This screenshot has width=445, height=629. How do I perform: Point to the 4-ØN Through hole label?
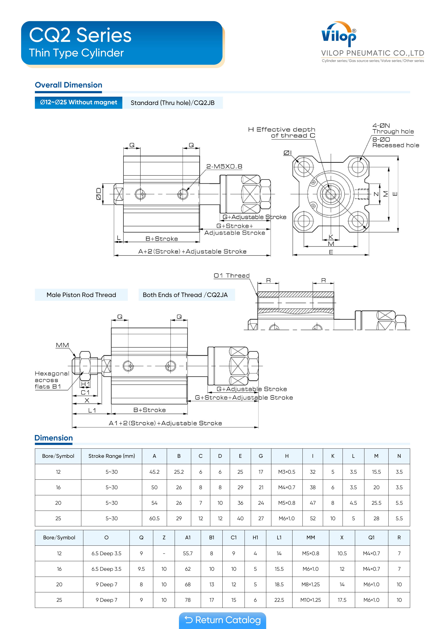(393, 128)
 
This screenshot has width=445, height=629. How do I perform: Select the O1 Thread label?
(232, 276)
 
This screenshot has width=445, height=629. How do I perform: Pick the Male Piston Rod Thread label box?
(81, 295)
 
